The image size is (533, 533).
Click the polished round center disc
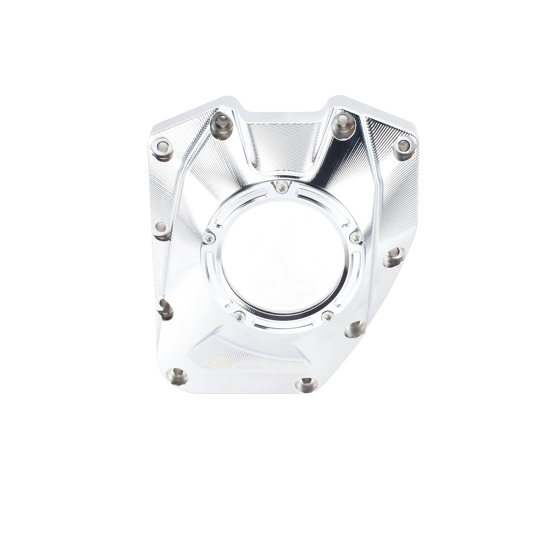click(x=282, y=256)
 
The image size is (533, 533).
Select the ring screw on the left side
click(x=209, y=238)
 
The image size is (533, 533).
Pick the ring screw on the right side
click(x=356, y=237)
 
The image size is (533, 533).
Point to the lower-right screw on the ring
click(x=327, y=315)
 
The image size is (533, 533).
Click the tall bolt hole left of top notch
click(x=221, y=125)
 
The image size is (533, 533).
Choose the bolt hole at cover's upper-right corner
click(x=403, y=147)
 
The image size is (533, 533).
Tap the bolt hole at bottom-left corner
click(x=177, y=376)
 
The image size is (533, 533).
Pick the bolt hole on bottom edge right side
click(x=306, y=385)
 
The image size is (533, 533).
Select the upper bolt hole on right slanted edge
click(x=394, y=257)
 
